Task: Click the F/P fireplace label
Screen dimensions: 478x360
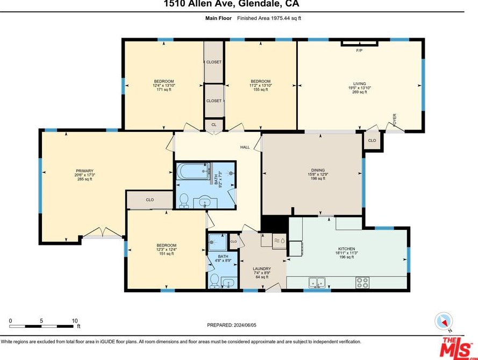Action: (x=359, y=51)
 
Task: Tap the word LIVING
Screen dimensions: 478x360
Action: (x=359, y=83)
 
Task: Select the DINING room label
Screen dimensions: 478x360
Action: (x=318, y=170)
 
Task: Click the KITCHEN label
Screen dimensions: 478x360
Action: (x=347, y=249)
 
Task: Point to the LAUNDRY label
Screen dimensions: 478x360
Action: (x=262, y=269)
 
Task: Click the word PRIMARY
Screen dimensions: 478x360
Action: (x=84, y=171)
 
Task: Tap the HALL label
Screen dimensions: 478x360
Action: (x=245, y=147)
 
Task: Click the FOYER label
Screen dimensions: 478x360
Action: (x=395, y=120)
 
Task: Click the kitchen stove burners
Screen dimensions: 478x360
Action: (x=362, y=283)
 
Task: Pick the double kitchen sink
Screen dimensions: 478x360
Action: (x=317, y=283)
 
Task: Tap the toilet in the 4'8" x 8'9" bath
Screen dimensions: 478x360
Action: (x=215, y=281)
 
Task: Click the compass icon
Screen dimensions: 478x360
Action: (x=444, y=321)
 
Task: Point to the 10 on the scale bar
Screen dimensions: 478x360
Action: (x=75, y=321)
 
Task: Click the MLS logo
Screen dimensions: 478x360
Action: (x=456, y=347)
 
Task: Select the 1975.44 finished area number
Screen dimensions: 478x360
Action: (x=279, y=18)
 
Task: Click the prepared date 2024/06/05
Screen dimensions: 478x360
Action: (x=245, y=325)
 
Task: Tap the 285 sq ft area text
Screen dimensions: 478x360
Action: (x=84, y=179)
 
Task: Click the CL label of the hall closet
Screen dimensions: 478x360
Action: (x=213, y=125)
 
